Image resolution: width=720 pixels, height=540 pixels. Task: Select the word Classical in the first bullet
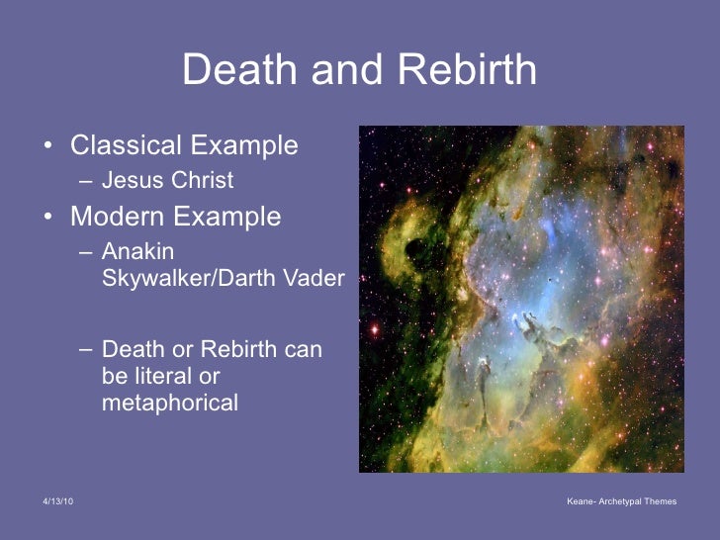click(x=126, y=145)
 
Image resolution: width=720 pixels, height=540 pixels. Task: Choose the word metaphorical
click(x=170, y=403)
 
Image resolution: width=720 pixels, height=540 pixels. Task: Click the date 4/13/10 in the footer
click(x=57, y=502)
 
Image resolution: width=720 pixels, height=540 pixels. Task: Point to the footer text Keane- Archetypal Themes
click(x=621, y=502)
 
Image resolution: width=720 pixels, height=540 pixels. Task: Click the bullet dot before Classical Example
click(x=47, y=146)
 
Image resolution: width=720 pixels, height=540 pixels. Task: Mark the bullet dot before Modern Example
click(x=47, y=218)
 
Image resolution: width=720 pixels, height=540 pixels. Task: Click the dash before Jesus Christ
click(x=86, y=181)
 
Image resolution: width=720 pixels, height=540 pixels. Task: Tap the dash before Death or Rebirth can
click(x=86, y=350)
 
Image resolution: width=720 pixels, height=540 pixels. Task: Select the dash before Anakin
click(x=86, y=252)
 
